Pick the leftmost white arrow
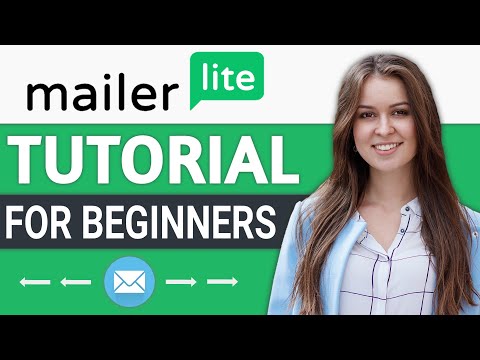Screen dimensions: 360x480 [34, 284]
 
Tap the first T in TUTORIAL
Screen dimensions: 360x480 [29, 159]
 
